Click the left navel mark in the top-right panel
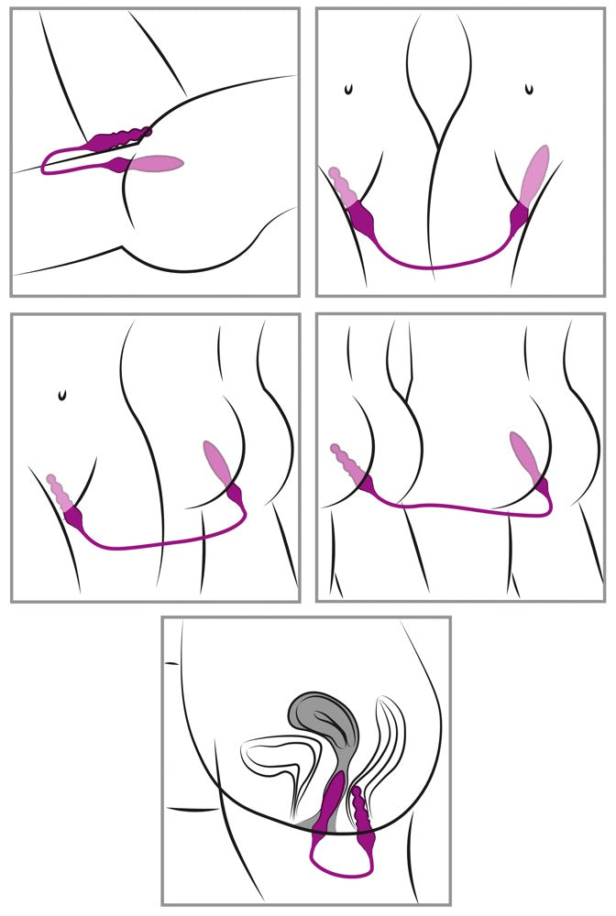[x=347, y=90]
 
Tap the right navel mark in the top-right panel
[x=528, y=90]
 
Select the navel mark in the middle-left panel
[x=61, y=395]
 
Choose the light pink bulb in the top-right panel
[x=535, y=174]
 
